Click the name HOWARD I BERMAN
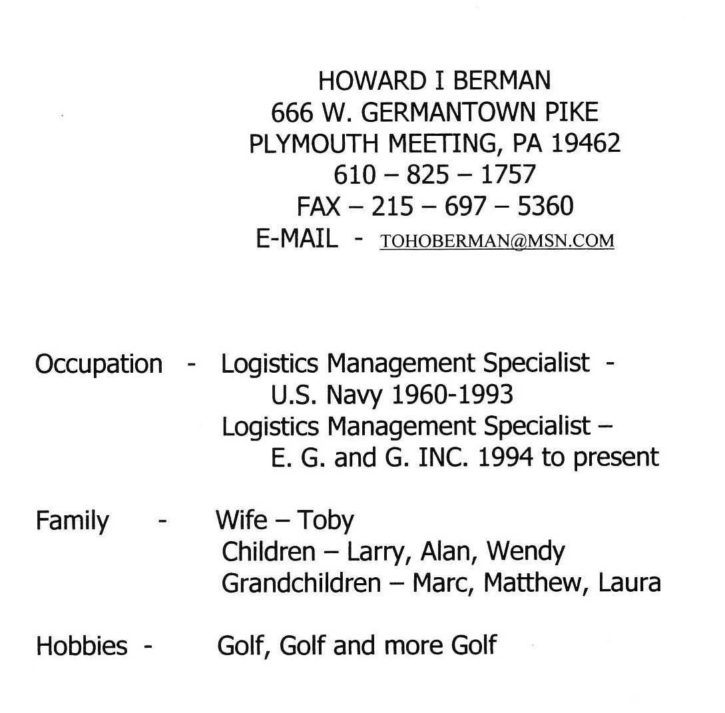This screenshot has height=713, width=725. click(x=434, y=81)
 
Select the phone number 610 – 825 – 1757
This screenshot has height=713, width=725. click(x=434, y=175)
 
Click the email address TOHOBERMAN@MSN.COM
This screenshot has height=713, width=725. click(x=497, y=240)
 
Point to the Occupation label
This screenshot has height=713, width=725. click(x=99, y=364)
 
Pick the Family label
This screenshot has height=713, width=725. click(x=72, y=521)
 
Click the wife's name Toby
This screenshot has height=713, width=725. click(x=326, y=521)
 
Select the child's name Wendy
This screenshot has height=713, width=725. click(x=525, y=552)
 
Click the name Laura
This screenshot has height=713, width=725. click(x=629, y=583)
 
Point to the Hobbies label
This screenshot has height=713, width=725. click(x=81, y=646)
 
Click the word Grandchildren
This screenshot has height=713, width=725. click(x=301, y=583)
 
